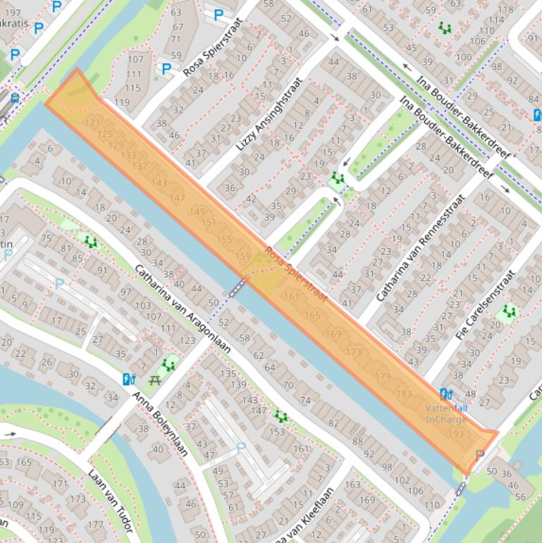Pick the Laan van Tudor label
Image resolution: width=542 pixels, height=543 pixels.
111,500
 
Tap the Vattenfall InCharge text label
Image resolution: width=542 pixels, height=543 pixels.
445,414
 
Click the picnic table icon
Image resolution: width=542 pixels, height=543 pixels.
156,379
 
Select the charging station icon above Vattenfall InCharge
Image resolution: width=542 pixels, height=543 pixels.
445,394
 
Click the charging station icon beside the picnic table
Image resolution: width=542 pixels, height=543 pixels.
128,379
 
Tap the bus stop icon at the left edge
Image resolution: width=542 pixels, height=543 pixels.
15,99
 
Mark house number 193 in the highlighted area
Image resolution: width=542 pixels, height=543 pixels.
457,434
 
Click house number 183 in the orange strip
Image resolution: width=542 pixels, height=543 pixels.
405,393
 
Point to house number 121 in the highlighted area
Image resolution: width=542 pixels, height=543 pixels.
91,123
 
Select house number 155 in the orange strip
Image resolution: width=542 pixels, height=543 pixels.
224,239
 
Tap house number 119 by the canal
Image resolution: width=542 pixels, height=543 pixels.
122,102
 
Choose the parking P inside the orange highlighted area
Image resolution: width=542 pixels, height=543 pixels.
481,455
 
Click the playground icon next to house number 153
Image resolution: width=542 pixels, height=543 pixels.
281,417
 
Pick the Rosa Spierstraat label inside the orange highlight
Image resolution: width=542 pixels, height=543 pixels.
296,275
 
